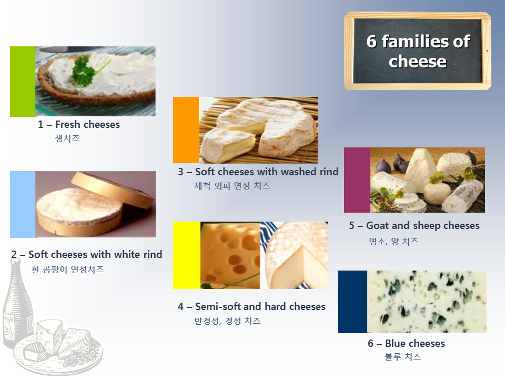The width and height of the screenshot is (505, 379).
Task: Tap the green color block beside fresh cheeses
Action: pyautogui.click(x=23, y=82)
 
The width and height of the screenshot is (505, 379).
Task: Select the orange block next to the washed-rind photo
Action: pyautogui.click(x=186, y=130)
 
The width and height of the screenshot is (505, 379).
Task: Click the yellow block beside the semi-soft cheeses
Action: pyautogui.click(x=187, y=255)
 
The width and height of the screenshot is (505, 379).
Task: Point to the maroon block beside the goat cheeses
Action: pyautogui.click(x=357, y=180)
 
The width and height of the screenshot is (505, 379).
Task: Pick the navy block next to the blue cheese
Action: pyautogui.click(x=352, y=302)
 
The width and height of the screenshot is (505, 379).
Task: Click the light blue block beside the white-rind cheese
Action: pyautogui.click(x=23, y=204)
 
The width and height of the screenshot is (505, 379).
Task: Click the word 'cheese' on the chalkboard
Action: pyautogui.click(x=417, y=61)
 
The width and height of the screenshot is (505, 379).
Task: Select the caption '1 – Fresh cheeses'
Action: pyautogui.click(x=79, y=124)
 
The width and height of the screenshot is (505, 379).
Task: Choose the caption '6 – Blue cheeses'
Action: pyautogui.click(x=407, y=344)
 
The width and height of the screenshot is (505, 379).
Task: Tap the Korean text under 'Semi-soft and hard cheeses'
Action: pyautogui.click(x=227, y=321)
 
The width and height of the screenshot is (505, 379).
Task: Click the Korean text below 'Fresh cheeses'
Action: pyautogui.click(x=67, y=138)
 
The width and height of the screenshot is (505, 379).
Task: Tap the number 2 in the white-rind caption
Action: pyautogui.click(x=14, y=255)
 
